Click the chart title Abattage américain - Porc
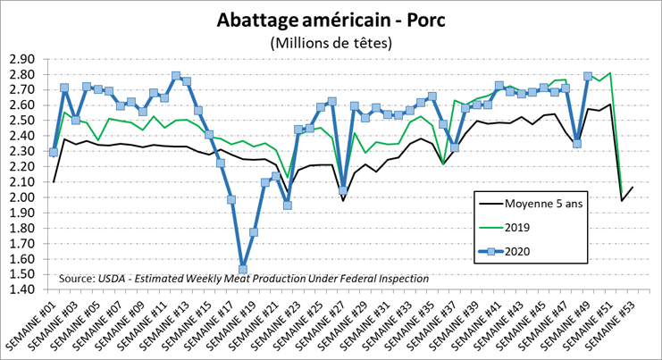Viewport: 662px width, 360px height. pyautogui.click(x=331, y=19)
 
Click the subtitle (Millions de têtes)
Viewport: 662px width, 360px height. pyautogui.click(x=331, y=43)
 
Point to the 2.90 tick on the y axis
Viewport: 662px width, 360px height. pyautogui.click(x=21, y=59)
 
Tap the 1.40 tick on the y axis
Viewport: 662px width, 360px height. pyautogui.click(x=21, y=289)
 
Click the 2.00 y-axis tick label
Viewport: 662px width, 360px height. pyautogui.click(x=21, y=197)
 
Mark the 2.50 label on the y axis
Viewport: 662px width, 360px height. pyautogui.click(x=21, y=121)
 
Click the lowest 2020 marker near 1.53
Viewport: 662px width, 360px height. pyautogui.click(x=242, y=269)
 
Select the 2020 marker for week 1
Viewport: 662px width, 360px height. pyautogui.click(x=54, y=152)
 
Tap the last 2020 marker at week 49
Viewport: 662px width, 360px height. pyautogui.click(x=587, y=77)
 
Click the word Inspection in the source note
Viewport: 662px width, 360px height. pyautogui.click(x=400, y=280)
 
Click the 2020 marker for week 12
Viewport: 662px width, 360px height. pyautogui.click(x=187, y=81)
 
